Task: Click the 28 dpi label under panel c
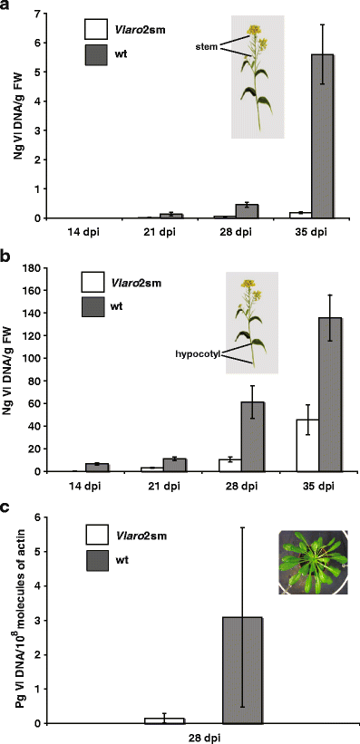click(x=202, y=736)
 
